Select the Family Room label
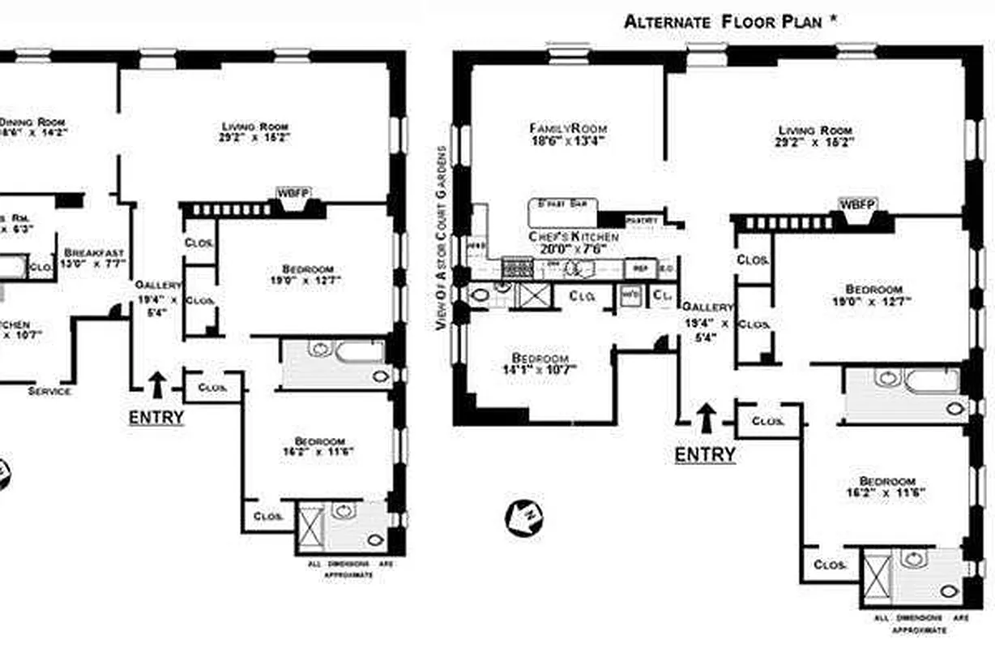pos(568,128)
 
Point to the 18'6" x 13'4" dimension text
pos(568,140)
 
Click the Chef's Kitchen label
pos(574,236)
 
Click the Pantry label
pos(643,219)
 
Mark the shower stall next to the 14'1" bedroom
pos(534,294)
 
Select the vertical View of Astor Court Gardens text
pos(442,238)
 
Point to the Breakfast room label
pos(94,252)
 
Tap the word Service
pos(50,391)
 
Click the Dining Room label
pos(32,121)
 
